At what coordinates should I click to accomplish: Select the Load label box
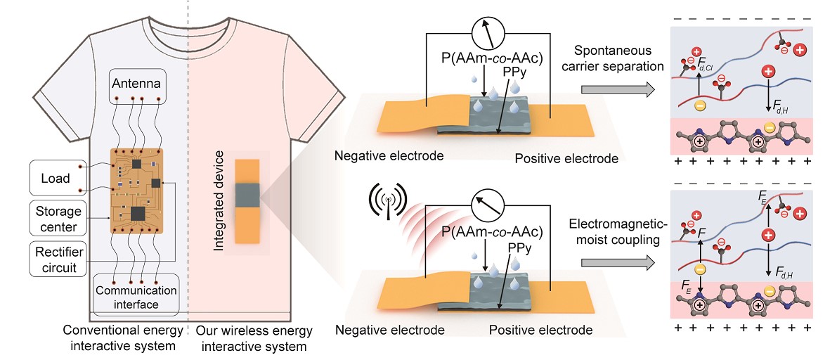pos(56,179)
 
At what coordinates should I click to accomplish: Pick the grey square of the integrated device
pos(247,195)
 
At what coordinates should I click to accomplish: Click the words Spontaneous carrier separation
pos(618,59)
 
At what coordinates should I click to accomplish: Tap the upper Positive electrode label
pos(566,158)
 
